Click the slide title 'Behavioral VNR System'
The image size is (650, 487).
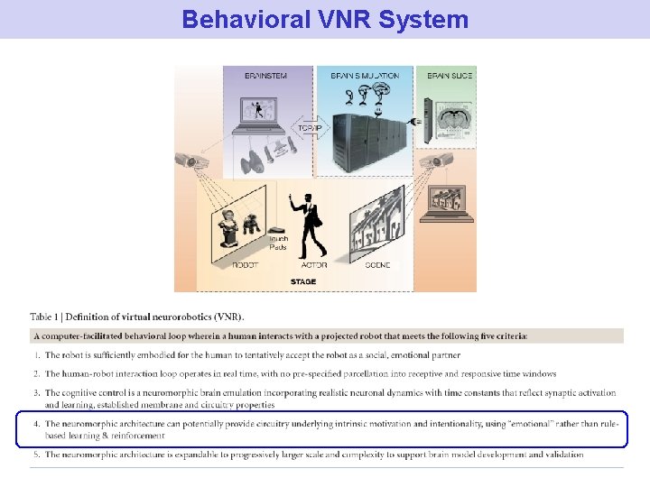pos(325,19)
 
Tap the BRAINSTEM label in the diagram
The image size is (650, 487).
pos(265,76)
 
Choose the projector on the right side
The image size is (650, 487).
pos(442,161)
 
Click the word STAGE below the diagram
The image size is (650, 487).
pos(303,281)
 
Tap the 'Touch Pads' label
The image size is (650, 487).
pos(278,243)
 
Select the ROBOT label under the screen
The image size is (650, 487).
pos(246,265)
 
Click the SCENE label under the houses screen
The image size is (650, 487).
pos(378,265)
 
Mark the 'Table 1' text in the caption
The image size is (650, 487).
pos(46,317)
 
